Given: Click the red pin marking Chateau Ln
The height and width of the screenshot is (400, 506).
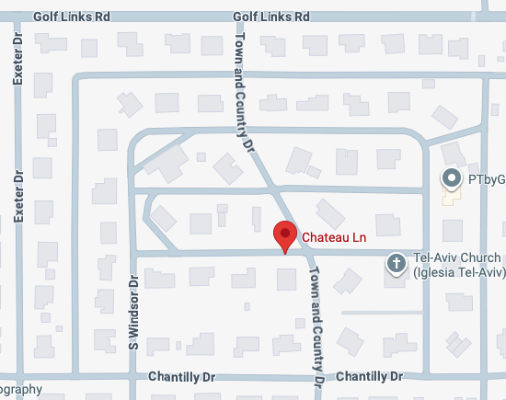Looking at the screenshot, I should (285, 235).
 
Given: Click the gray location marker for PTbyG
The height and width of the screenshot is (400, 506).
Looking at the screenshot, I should (451, 177).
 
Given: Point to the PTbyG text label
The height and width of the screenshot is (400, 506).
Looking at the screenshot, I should (486, 177).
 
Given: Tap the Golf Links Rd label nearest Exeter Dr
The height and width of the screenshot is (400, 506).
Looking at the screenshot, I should (71, 17).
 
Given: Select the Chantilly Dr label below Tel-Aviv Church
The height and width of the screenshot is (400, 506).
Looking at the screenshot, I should (370, 377).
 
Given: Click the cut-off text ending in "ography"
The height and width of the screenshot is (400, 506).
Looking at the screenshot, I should (20, 389).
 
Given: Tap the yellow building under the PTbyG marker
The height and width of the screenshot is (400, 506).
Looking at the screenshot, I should (451, 196).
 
